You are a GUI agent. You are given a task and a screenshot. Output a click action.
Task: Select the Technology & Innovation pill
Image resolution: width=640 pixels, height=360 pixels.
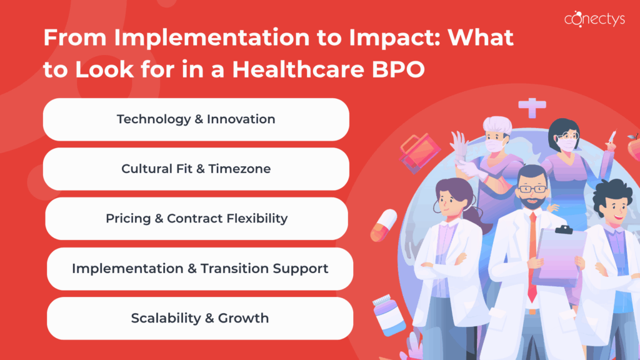point(196,119)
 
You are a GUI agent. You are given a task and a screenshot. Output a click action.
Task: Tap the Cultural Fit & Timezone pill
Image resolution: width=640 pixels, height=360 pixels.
point(196,169)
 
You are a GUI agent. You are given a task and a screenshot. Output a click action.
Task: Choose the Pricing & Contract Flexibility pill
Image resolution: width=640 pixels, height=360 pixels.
point(196,219)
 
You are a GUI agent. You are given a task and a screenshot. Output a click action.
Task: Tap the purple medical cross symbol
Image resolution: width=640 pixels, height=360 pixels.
point(532,108)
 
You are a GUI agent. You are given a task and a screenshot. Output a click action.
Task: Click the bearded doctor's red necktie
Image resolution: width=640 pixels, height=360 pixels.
point(531,250)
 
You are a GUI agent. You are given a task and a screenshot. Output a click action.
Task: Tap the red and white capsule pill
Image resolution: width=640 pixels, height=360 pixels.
point(383,224)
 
